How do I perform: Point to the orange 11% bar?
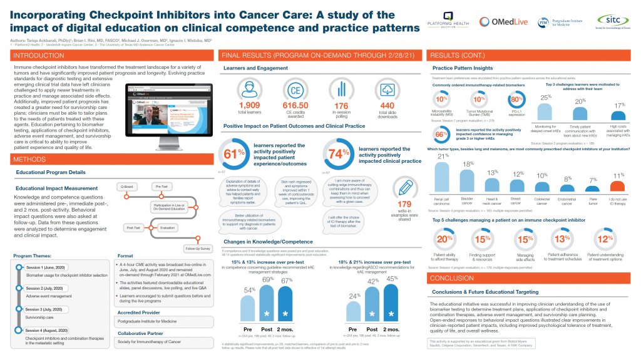pos(617,186)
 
